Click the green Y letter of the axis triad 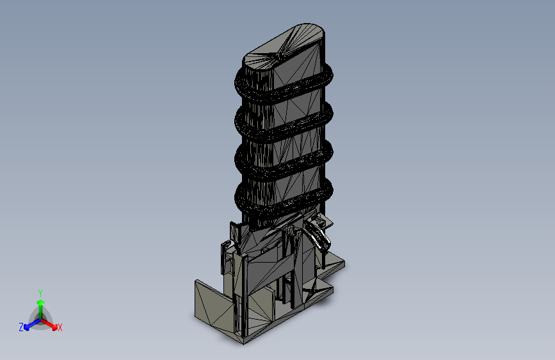tap(40, 291)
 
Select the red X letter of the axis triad tap(60, 328)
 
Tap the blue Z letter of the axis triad tap(21, 327)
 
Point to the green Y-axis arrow tap(40, 304)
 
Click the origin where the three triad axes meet tap(40, 318)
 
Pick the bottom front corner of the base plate tap(246, 341)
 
